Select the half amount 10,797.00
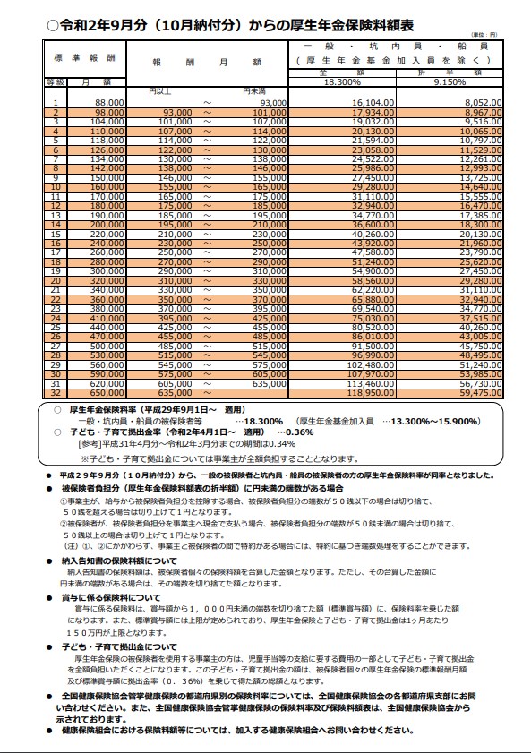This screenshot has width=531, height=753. [481, 141]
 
